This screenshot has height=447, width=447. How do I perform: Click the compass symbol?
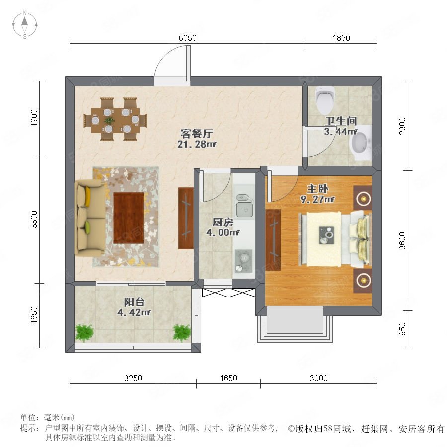point(25,24)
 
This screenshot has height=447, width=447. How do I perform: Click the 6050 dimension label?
point(188,38)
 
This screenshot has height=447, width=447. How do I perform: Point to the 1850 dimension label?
point(341,38)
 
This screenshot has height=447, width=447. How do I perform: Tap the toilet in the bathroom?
point(325,99)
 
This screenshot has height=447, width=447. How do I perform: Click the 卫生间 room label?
point(341,121)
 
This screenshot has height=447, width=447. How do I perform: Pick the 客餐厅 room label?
point(197,133)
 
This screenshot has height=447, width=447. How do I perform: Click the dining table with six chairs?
point(115,119)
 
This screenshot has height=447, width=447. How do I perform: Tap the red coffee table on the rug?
point(128,218)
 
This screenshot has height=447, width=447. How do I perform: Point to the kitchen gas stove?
point(244,261)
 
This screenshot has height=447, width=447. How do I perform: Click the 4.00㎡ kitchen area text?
point(223,232)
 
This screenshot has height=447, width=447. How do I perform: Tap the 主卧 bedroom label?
point(317,189)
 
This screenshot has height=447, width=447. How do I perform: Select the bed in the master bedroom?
point(335,239)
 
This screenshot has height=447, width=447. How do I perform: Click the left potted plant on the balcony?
point(84,333)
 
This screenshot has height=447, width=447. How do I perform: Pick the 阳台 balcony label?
point(134,302)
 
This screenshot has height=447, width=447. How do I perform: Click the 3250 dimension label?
point(133,378)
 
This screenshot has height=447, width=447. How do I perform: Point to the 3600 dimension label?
point(402,240)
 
